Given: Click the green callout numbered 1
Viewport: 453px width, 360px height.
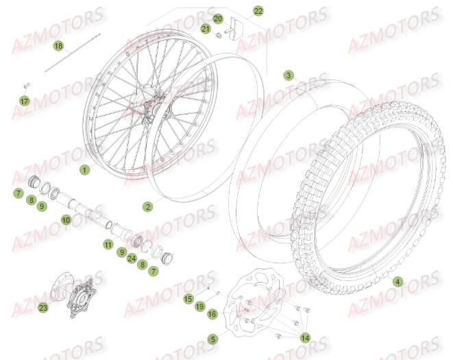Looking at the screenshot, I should pyautogui.click(x=84, y=169).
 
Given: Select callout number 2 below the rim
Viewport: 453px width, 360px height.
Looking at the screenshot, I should pyautogui.click(x=147, y=206).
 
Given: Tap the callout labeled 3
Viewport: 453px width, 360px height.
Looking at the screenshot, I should pyautogui.click(x=289, y=75).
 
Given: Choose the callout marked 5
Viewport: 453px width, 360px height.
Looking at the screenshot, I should pyautogui.click(x=213, y=339).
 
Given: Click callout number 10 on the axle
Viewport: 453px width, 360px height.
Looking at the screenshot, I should pyautogui.click(x=66, y=220).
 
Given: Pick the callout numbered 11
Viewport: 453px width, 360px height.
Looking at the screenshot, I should pyautogui.click(x=108, y=244).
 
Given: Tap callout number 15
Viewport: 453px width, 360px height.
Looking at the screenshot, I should pyautogui.click(x=188, y=298).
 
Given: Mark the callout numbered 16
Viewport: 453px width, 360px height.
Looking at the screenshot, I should pyautogui.click(x=212, y=313).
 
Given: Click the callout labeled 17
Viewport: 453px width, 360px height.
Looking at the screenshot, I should pyautogui.click(x=24, y=101).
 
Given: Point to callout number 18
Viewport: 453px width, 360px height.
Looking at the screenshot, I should pyautogui.click(x=58, y=46).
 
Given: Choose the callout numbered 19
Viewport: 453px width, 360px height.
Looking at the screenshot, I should pyautogui.click(x=199, y=307).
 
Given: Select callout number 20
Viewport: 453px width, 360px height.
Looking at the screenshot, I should pyautogui.click(x=218, y=19).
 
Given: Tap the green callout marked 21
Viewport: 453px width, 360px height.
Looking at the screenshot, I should pyautogui.click(x=206, y=29).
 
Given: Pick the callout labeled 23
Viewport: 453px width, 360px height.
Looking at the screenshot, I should pyautogui.click(x=43, y=308).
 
